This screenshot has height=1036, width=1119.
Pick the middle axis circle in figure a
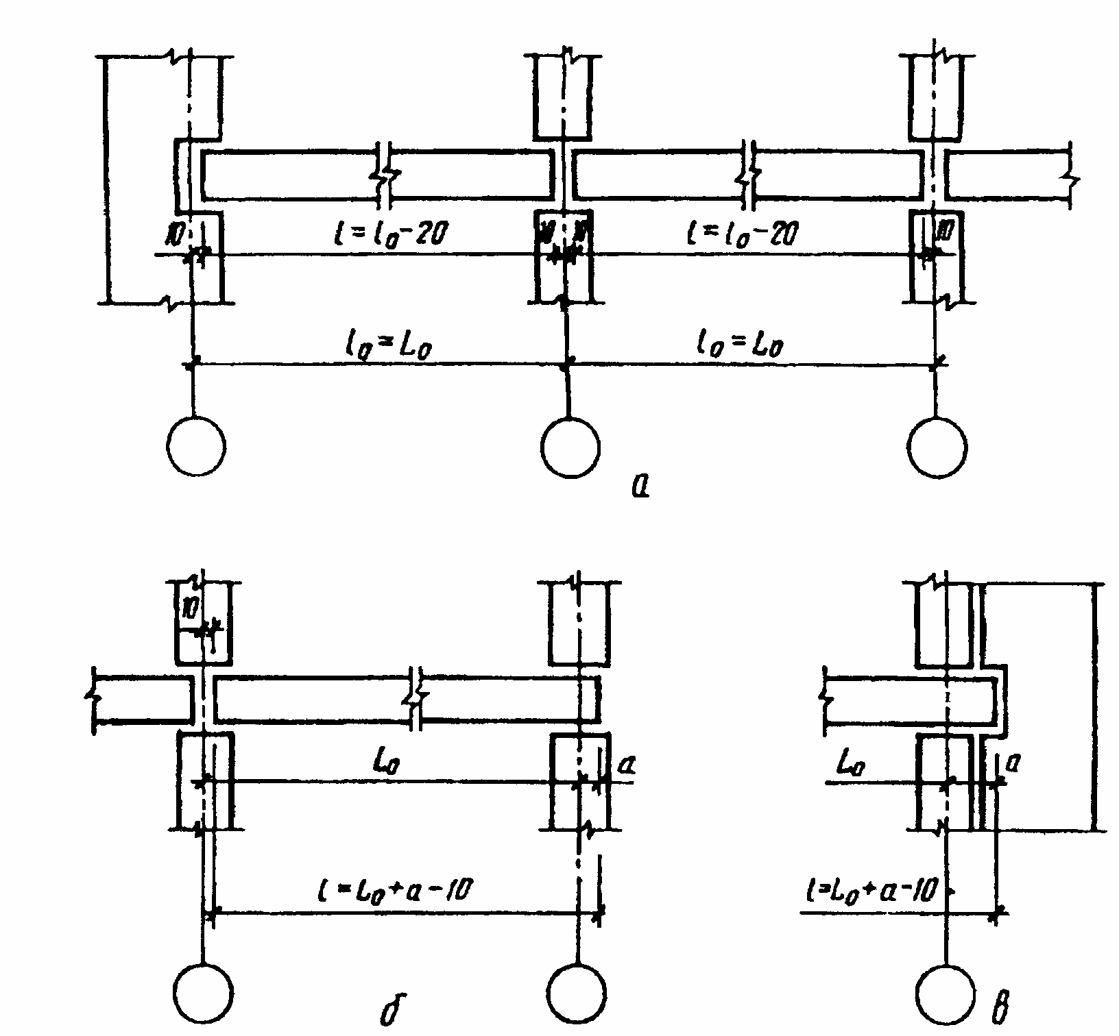coord(570,447)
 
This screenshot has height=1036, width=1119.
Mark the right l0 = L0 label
coord(745,346)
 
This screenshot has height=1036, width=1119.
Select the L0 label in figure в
coord(850,763)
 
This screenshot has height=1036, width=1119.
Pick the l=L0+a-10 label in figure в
coord(872,893)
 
